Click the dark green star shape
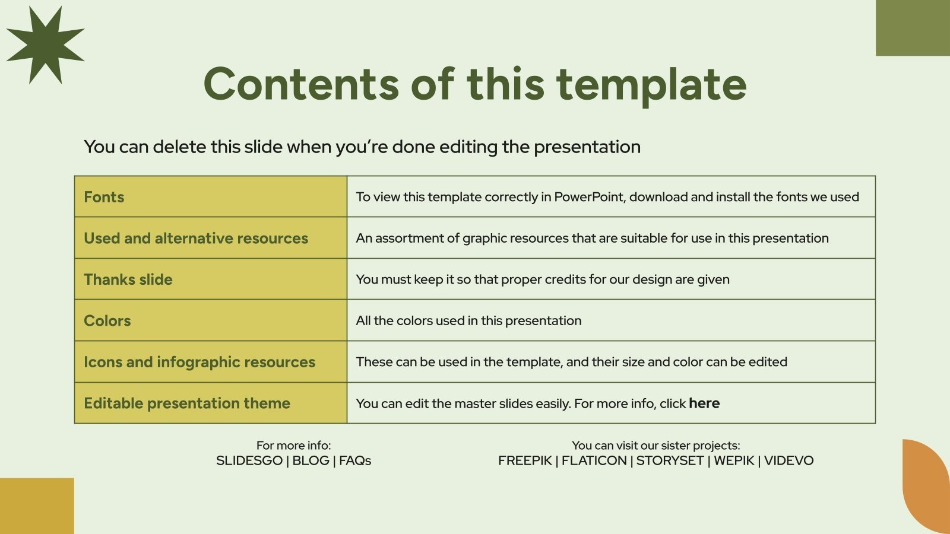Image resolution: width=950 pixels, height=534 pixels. click(x=45, y=45)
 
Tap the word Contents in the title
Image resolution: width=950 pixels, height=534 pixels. click(x=301, y=84)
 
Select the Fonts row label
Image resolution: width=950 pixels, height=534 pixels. click(x=104, y=197)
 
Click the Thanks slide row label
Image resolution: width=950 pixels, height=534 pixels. click(x=128, y=279)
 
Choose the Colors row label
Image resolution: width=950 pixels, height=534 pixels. click(x=107, y=321)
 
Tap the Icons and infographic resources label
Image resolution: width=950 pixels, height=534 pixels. click(x=199, y=363)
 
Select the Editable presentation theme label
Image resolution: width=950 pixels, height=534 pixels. click(x=187, y=403)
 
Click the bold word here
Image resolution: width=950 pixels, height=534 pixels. click(x=704, y=403)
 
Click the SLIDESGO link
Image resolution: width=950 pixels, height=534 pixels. click(x=249, y=460)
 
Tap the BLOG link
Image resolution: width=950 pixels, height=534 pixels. click(x=311, y=460)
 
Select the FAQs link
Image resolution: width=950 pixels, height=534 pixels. click(x=355, y=460)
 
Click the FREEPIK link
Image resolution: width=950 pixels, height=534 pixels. click(x=525, y=460)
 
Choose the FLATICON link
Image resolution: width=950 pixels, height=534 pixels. click(x=594, y=460)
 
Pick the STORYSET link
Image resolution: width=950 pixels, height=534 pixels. click(x=670, y=460)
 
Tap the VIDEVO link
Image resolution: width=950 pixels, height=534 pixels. click(x=789, y=460)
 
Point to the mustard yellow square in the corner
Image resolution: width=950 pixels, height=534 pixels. click(x=37, y=506)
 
